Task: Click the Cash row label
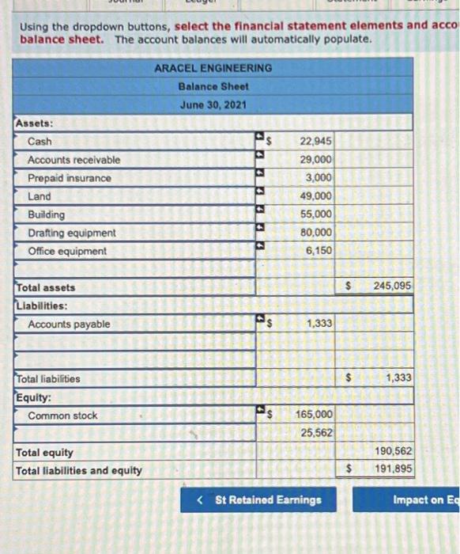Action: [40, 142]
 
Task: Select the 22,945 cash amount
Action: [316, 142]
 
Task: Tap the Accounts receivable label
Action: [74, 160]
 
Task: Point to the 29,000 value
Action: [316, 160]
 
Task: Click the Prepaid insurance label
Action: [70, 178]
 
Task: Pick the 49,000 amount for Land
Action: [316, 196]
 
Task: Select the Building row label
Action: [47, 214]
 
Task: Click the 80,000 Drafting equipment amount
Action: [316, 233]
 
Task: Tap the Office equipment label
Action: [67, 251]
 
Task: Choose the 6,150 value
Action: [319, 251]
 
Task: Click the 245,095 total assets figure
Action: [392, 286]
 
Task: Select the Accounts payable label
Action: [69, 324]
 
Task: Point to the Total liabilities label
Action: [48, 378]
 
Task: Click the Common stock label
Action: [62, 415]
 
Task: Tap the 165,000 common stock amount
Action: [314, 414]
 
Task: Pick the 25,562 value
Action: [316, 433]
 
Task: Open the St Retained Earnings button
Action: [258, 499]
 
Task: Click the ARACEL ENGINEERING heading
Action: [213, 68]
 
